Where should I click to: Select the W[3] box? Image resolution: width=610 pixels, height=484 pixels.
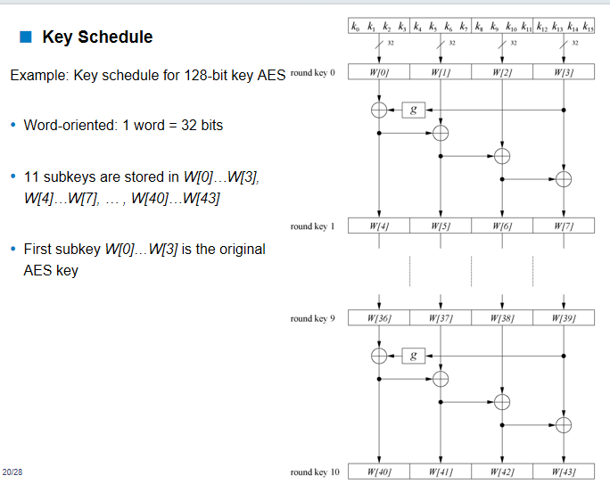564,72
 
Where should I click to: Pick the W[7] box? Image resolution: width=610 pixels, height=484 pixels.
564,226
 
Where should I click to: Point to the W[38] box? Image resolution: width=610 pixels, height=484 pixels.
502,317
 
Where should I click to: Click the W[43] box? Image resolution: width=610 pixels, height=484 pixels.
564,472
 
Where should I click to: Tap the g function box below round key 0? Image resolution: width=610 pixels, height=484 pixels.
412,111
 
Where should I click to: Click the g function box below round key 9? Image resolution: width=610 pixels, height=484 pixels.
412,356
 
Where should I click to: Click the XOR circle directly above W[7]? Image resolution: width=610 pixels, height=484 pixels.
564,179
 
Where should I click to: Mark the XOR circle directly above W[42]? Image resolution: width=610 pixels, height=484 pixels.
502,401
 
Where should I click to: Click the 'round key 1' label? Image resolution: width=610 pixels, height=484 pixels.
312,226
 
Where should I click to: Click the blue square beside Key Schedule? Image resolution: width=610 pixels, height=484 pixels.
25,37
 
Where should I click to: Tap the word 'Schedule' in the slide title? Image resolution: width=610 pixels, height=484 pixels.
116,37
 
